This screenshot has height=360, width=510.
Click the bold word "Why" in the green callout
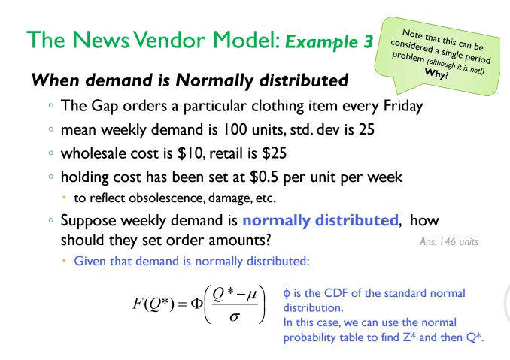[434, 75]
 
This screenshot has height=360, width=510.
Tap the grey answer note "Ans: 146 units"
[449, 241]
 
